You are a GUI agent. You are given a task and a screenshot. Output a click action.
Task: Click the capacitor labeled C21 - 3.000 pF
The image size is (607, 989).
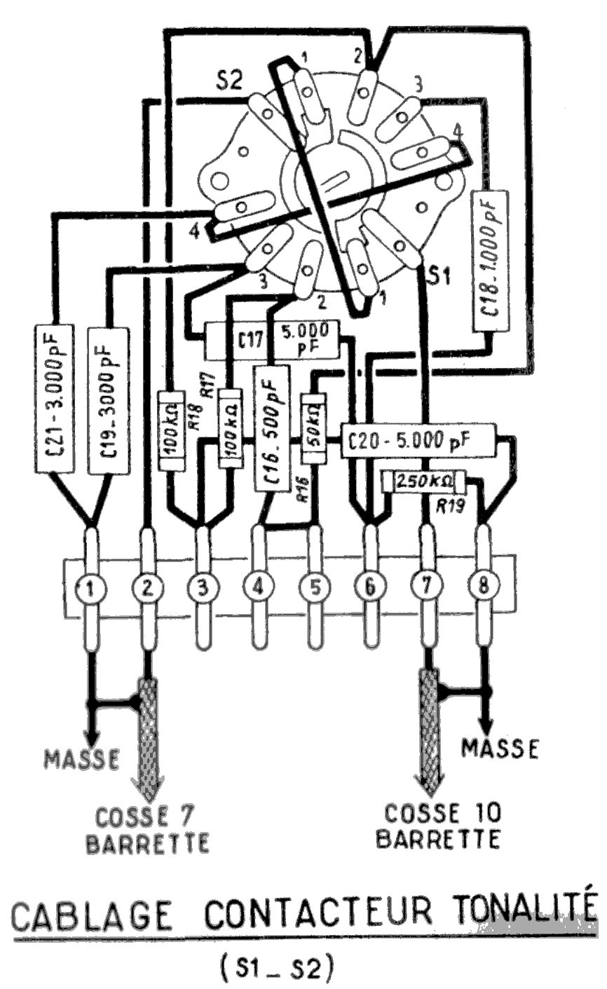(53, 397)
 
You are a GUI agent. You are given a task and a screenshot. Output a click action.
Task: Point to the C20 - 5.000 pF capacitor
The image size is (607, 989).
(417, 441)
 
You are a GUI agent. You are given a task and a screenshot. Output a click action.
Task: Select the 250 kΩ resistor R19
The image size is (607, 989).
(423, 482)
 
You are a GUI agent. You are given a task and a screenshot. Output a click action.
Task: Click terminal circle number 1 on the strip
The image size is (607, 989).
(90, 590)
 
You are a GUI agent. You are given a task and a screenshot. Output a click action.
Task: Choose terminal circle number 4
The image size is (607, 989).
(258, 590)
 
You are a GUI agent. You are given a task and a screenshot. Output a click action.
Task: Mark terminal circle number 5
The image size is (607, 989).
(314, 590)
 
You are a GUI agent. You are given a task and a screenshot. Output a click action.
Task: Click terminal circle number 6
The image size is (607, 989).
(370, 590)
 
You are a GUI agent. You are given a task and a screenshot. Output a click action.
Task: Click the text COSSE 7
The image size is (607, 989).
(145, 815)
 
